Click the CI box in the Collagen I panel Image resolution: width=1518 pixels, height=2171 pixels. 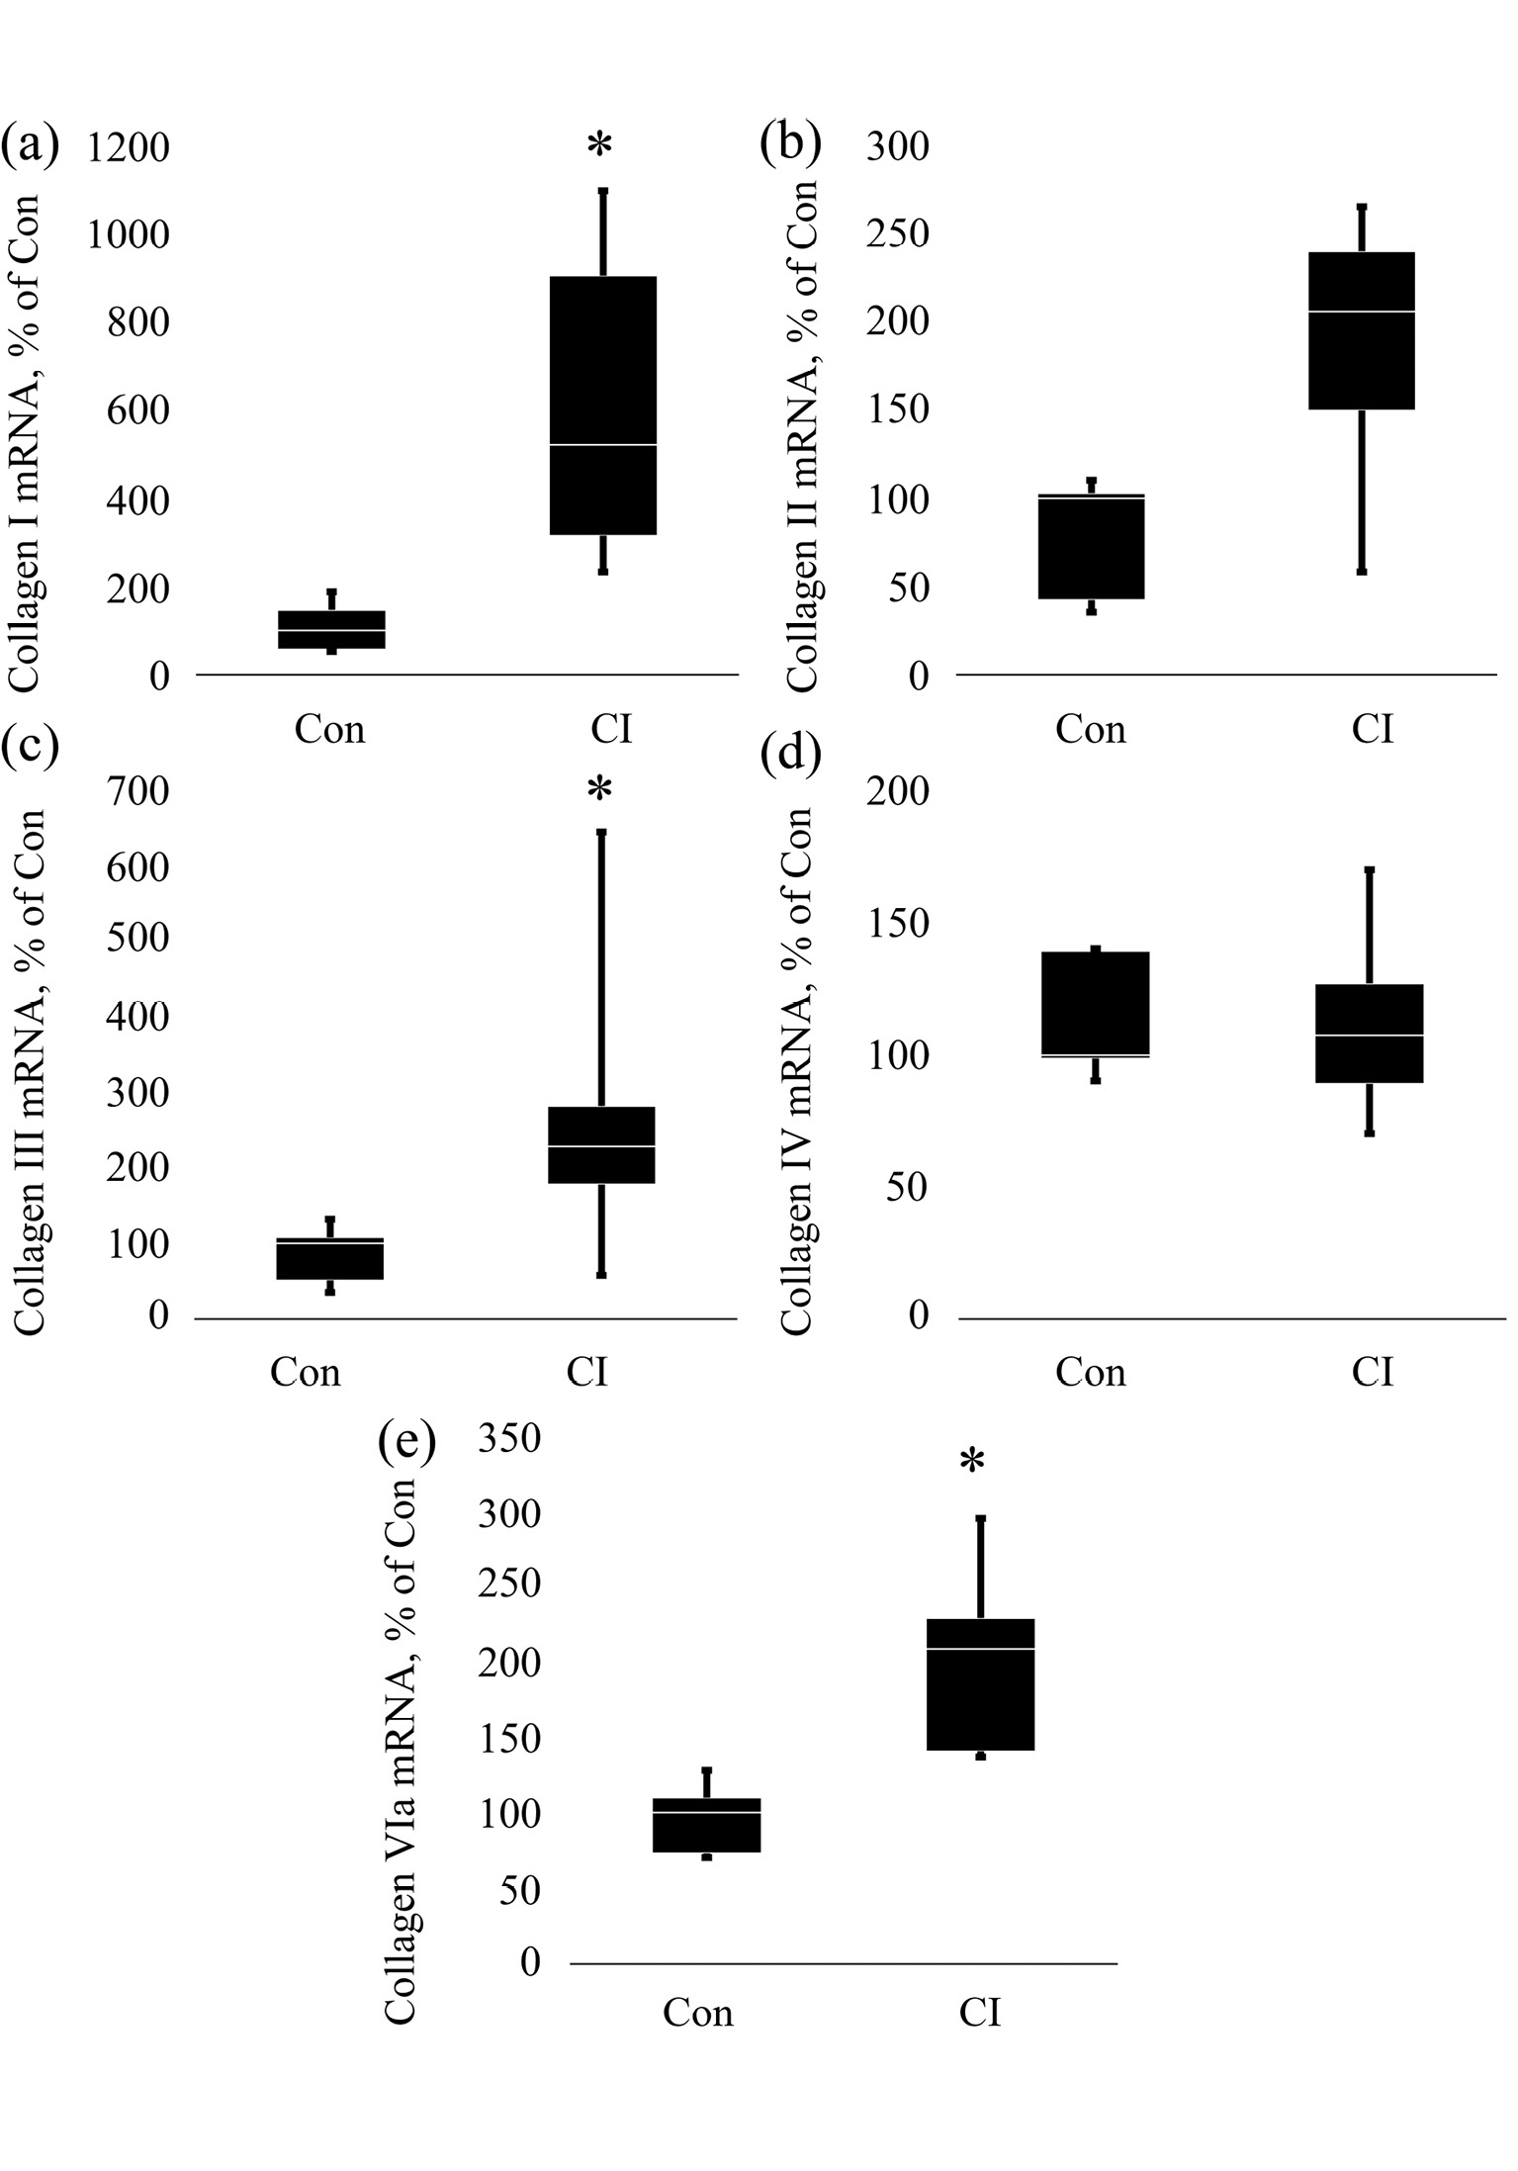click(603, 406)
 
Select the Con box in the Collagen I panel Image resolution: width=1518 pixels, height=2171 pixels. click(331, 629)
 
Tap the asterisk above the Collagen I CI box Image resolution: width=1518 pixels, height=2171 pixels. click(599, 145)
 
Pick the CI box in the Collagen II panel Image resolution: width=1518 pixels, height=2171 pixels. click(1362, 330)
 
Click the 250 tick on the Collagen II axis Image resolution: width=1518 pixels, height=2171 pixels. click(897, 234)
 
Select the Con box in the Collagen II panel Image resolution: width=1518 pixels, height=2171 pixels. click(1092, 546)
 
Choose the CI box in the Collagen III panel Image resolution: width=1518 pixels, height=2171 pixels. click(601, 1144)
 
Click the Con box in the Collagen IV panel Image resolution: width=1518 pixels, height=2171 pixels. click(1096, 1004)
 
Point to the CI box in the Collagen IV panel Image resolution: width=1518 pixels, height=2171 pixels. click(1370, 1033)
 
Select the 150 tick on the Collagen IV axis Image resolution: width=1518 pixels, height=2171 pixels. click(897, 925)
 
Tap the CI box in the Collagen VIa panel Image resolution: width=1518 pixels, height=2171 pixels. click(980, 1683)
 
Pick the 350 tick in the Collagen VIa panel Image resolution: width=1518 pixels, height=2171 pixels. click(509, 1439)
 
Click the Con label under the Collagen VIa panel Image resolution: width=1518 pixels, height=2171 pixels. click(698, 2013)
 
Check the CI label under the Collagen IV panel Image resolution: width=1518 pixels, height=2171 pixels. click(1373, 1372)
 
